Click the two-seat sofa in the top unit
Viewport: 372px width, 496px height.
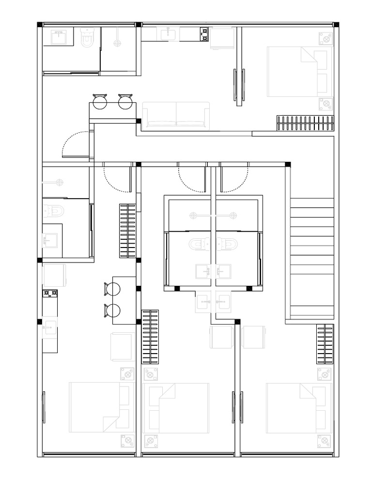coord(176,115)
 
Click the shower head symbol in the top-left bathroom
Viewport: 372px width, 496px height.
coord(117,43)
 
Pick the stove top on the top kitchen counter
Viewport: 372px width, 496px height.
coord(204,34)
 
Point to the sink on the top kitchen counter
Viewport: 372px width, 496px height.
coord(168,33)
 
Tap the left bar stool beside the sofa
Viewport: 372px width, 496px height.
coord(100,101)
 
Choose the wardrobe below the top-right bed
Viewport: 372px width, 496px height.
coord(305,123)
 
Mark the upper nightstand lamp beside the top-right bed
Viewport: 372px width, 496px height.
coord(326,38)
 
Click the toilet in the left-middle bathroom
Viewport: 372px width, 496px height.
coord(54,211)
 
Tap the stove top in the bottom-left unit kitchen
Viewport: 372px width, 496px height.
coord(50,293)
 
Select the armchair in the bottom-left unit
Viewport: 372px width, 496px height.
coord(123,346)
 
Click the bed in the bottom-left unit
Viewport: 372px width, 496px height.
coord(101,407)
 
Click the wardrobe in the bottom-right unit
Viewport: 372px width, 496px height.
coord(325,344)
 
